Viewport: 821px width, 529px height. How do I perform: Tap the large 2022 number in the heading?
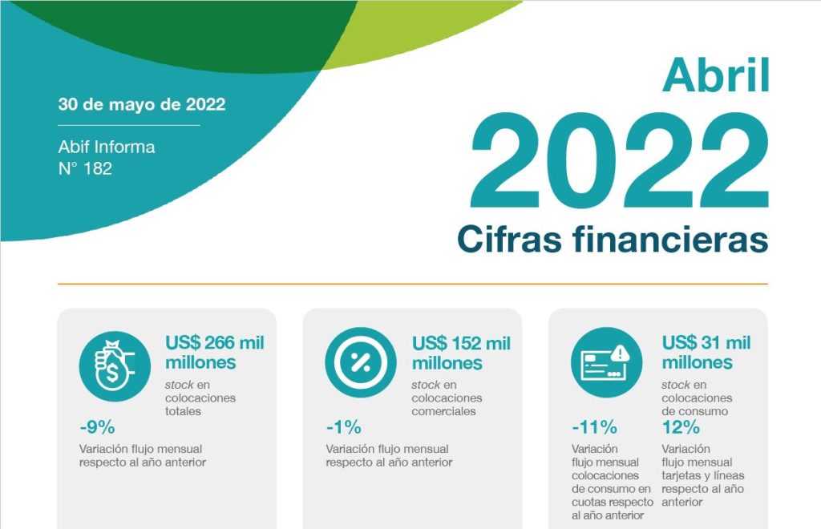620,160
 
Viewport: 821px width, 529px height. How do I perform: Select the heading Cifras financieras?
613,239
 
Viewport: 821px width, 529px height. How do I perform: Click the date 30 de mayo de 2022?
142,104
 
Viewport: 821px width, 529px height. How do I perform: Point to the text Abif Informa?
107,147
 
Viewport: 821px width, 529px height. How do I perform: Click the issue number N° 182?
85,168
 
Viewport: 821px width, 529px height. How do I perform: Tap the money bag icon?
115,366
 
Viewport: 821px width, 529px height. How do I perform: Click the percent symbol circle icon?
361,362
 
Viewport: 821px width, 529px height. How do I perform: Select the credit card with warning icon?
606,362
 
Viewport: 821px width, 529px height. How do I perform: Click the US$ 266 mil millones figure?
215,352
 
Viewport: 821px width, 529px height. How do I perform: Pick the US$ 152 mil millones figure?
461,353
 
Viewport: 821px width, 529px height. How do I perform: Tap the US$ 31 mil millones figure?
706,352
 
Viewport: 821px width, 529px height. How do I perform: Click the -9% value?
97,427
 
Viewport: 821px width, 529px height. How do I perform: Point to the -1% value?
343,427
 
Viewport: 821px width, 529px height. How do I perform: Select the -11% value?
594,427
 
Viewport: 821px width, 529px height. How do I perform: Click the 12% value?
681,427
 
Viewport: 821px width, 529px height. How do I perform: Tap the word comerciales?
443,411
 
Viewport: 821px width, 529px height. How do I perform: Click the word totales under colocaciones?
184,411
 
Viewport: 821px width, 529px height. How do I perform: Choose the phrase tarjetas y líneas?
702,475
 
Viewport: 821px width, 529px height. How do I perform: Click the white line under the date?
129,126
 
